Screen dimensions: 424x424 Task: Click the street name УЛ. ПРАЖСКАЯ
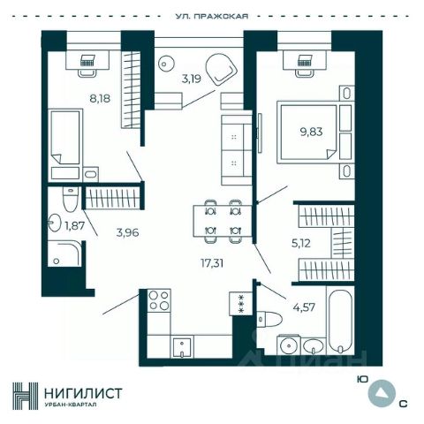coord(212,16)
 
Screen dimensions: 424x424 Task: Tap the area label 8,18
coord(100,98)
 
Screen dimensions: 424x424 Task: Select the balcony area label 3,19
coord(191,79)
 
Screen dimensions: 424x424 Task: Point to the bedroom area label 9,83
coord(311,132)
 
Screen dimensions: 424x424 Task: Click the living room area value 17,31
coord(212,263)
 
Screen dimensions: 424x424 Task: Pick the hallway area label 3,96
coord(127,233)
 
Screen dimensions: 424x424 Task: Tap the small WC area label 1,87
coord(75,226)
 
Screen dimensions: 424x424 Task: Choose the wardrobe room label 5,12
coord(301,244)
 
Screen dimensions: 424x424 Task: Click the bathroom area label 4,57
coord(304,307)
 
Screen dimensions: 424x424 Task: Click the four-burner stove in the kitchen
coord(159,300)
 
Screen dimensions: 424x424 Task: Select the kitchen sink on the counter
coord(182,347)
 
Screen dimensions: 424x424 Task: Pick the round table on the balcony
coord(166,63)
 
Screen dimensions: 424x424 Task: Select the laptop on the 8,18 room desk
coord(87,60)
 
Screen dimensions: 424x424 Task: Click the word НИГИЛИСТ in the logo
coord(83,393)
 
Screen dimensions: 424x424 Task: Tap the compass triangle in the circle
coord(382,392)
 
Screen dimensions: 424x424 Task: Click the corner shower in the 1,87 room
coord(64,254)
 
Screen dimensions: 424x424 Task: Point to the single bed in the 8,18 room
coord(65,137)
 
